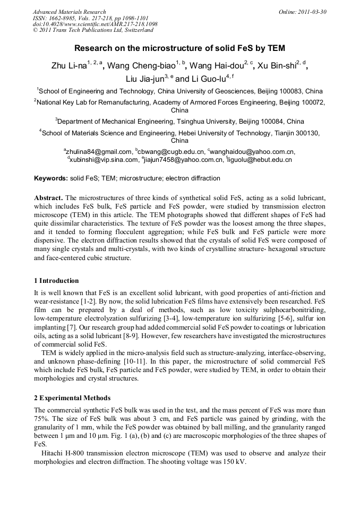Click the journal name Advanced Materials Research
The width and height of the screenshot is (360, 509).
coord(69,12)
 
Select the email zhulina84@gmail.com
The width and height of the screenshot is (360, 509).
coord(99,151)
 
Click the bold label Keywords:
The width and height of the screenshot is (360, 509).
coord(51,178)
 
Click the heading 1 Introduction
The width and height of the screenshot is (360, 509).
coord(56,281)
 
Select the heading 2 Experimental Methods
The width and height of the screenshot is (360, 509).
coord(72,398)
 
